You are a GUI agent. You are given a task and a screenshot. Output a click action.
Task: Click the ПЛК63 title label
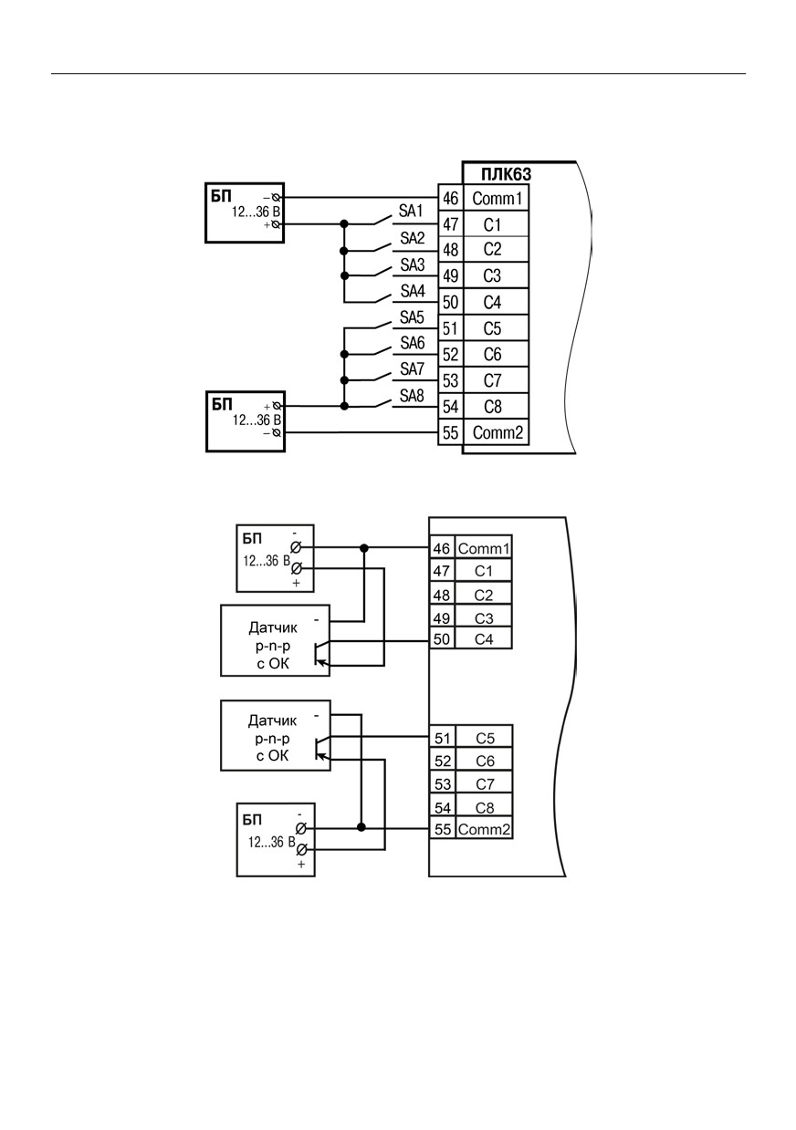(x=506, y=174)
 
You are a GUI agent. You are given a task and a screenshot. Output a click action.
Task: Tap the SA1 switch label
(x=411, y=211)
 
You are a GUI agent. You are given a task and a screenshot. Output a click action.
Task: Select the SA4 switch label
(x=413, y=291)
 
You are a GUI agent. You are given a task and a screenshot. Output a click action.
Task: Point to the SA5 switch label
(x=412, y=317)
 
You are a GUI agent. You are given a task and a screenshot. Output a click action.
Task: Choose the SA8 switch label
(x=412, y=396)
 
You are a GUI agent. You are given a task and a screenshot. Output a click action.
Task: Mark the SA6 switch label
(x=413, y=343)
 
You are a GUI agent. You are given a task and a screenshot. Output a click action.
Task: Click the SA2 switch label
(x=413, y=238)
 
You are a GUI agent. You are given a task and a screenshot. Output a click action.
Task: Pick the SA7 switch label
(x=412, y=369)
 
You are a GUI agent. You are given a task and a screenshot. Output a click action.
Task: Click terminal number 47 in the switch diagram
(x=451, y=224)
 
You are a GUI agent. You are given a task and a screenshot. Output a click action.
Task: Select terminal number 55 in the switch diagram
(x=451, y=433)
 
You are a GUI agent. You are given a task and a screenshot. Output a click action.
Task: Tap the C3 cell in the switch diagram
(x=492, y=276)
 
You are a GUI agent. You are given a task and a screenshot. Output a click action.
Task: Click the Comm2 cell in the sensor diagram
(x=485, y=829)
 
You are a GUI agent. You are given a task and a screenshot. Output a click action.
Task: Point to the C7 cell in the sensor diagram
(x=485, y=784)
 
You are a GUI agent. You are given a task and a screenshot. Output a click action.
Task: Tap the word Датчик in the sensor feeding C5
(x=272, y=721)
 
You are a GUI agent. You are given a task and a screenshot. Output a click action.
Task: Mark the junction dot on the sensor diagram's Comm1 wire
(x=364, y=548)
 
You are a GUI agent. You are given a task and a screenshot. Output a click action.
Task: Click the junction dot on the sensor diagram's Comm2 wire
(x=361, y=827)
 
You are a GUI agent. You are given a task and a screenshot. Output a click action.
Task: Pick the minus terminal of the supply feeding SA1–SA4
(x=277, y=197)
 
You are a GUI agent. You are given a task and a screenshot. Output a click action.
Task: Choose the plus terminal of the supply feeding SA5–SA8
(x=277, y=406)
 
